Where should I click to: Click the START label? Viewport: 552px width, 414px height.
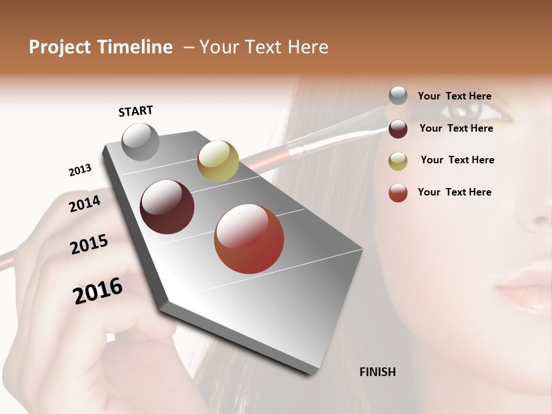136,111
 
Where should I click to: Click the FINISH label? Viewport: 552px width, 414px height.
377,372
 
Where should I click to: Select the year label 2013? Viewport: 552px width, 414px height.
80,170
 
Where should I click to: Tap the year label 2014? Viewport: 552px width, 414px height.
85,204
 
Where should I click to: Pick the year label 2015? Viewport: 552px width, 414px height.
89,244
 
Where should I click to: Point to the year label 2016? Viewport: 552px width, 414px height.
98,291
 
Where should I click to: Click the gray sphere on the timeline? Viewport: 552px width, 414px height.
141,142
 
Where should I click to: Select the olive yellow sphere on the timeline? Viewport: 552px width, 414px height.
218,161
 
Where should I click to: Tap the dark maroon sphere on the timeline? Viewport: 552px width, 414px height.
167,207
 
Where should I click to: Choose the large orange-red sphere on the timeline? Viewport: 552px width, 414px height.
249,239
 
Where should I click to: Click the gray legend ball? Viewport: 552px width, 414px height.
398,95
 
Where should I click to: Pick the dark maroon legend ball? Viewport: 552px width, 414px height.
398,129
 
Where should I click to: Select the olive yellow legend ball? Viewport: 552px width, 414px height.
398,161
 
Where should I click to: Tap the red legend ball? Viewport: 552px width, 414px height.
398,193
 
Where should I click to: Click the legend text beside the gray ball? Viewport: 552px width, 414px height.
454,96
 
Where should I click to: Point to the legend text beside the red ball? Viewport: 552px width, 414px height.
454,192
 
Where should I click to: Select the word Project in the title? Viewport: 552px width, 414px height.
60,47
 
